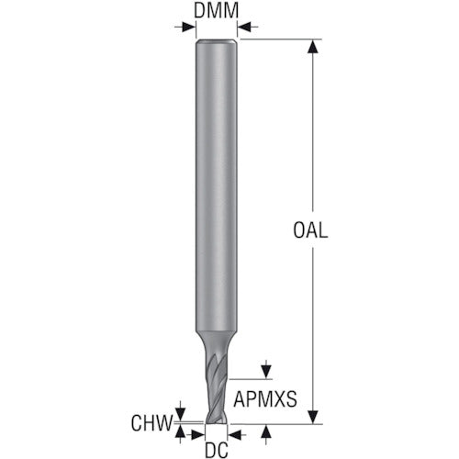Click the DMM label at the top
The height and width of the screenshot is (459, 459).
pos(218,12)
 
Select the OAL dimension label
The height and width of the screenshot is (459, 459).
pos(311,230)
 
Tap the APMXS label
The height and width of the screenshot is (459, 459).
pos(265,398)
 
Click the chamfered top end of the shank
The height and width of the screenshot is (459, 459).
pos(218,42)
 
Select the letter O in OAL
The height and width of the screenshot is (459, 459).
pos(300,230)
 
